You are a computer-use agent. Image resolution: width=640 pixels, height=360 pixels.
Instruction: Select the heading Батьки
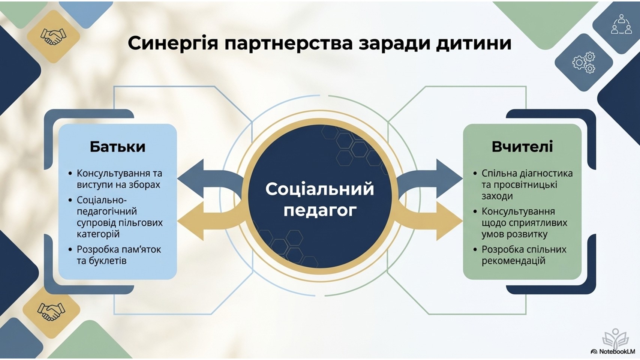(x=117, y=147)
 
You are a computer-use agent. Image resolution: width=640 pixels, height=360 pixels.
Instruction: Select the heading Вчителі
(x=522, y=147)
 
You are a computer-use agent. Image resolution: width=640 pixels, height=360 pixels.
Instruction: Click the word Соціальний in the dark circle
(x=319, y=189)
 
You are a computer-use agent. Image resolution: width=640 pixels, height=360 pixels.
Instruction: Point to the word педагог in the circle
(x=319, y=210)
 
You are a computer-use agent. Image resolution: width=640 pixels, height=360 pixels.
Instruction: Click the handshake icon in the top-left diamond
(x=53, y=37)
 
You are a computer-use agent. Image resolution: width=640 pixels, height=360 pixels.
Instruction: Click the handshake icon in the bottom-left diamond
(x=51, y=311)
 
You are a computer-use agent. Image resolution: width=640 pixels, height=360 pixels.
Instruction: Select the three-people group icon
(x=621, y=25)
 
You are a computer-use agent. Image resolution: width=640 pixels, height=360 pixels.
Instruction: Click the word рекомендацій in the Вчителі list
(x=513, y=261)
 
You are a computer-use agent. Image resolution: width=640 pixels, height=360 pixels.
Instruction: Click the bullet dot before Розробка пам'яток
(x=70, y=249)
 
